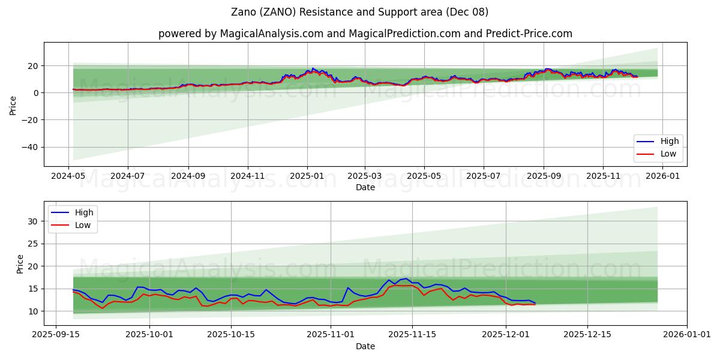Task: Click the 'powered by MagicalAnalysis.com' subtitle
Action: tap(365, 34)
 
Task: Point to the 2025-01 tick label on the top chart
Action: tap(307, 176)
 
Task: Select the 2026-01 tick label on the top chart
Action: tap(662, 176)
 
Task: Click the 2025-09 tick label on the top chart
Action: tap(544, 176)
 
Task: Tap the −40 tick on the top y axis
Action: tap(29, 148)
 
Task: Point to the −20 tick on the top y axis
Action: tap(29, 120)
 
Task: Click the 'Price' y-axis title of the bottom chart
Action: tap(20, 264)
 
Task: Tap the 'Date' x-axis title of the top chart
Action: tap(365, 187)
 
